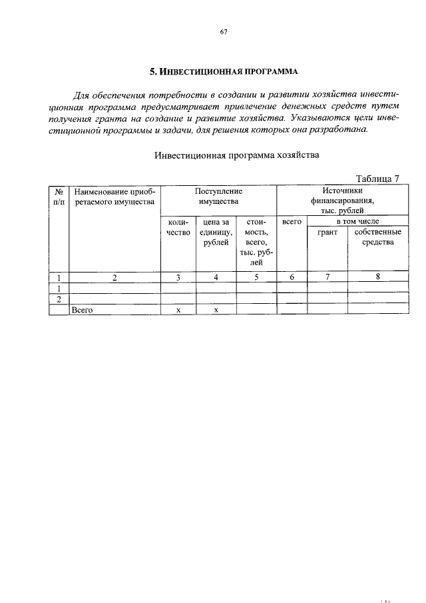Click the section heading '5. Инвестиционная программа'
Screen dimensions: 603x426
coord(224,71)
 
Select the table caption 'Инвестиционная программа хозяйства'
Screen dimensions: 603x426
coord(237,155)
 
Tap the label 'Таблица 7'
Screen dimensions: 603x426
coord(377,178)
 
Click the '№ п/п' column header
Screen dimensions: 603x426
coord(59,197)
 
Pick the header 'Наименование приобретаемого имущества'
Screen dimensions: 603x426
coord(114,197)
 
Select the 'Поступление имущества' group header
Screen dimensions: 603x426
coord(218,197)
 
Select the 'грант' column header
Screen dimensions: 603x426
coord(327,232)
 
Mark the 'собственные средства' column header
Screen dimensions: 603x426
coord(377,237)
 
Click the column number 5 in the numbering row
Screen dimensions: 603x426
coord(256,279)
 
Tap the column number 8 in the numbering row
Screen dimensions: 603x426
coord(377,279)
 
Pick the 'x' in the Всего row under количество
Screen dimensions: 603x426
coord(178,310)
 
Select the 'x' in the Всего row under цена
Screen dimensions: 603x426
coord(216,310)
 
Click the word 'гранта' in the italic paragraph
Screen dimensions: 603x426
coord(118,118)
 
